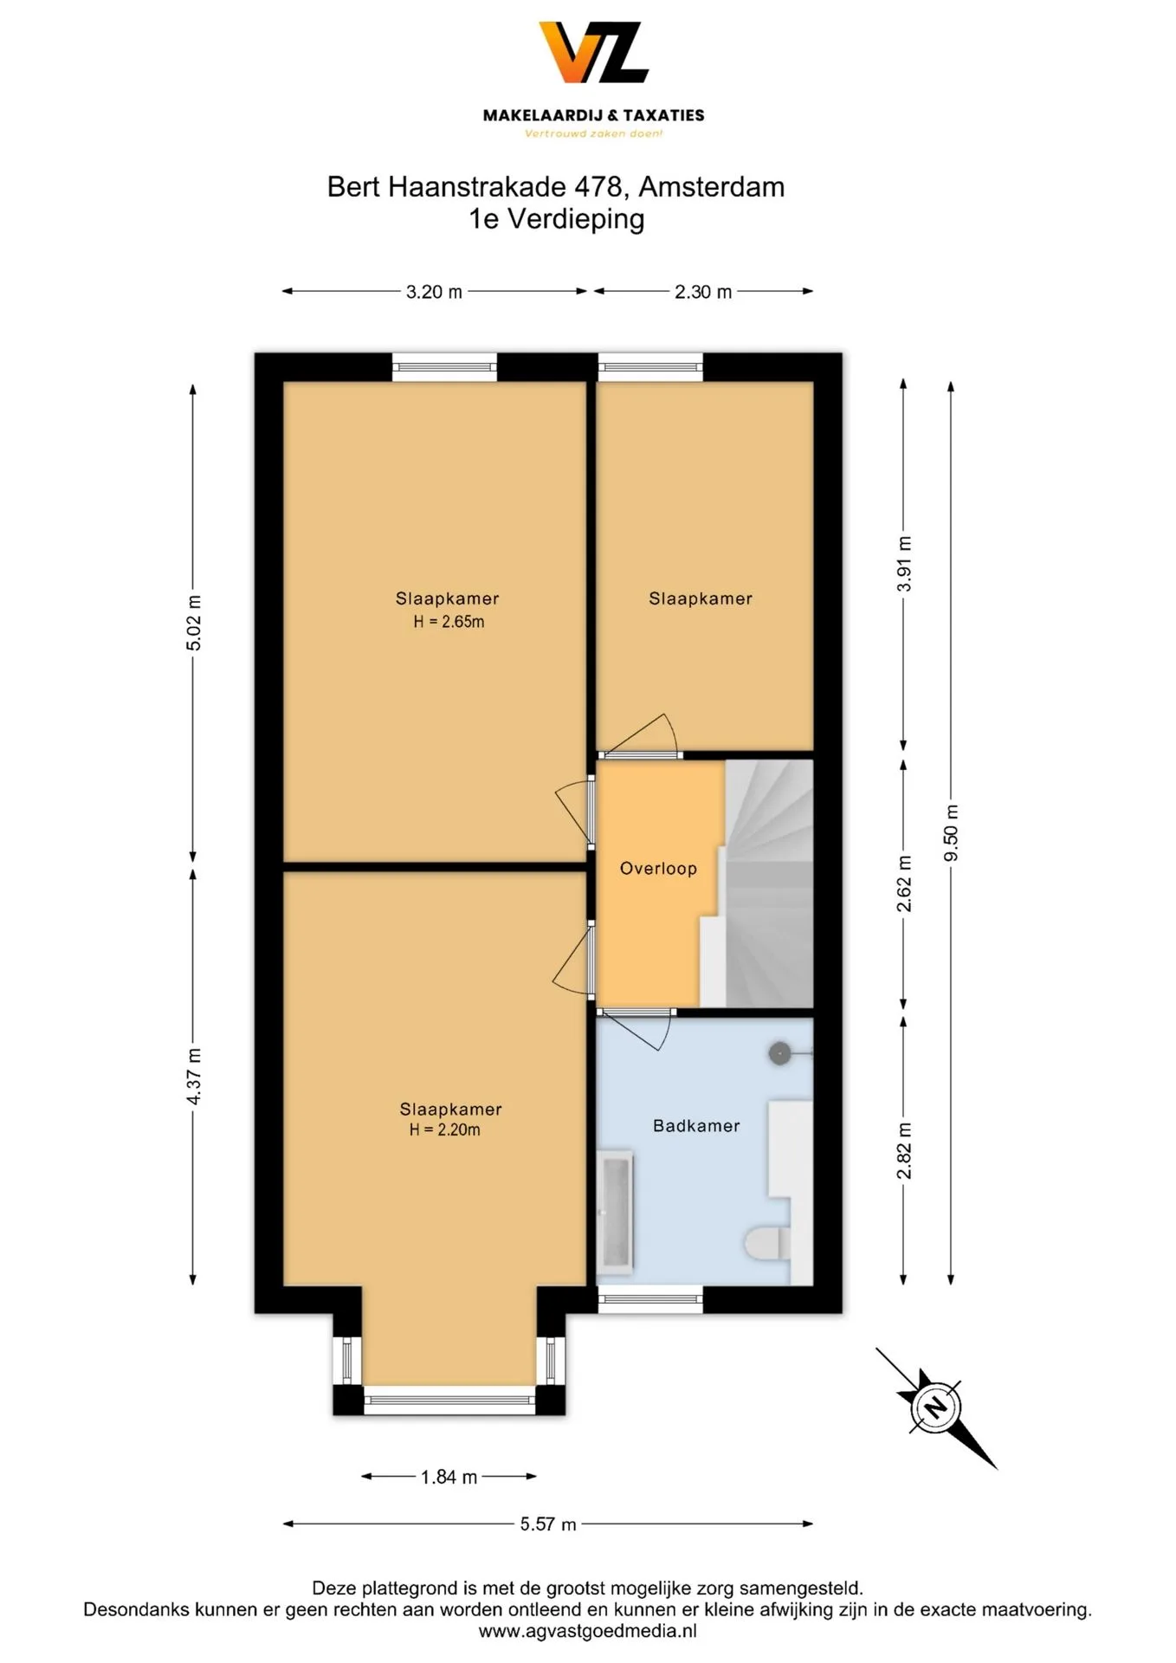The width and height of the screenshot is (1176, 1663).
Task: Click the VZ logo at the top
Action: [x=593, y=53]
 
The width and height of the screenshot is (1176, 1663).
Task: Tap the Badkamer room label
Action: [x=696, y=1126]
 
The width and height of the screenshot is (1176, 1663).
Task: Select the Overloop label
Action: [x=658, y=869]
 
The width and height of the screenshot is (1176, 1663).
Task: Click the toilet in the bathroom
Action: [x=767, y=1244]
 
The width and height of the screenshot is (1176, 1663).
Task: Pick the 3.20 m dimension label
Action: [x=434, y=292]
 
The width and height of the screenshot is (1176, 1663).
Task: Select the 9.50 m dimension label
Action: [x=951, y=833]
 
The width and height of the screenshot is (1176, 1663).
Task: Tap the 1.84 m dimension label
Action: [x=449, y=1477]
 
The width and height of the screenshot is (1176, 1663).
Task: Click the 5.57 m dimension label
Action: [x=548, y=1524]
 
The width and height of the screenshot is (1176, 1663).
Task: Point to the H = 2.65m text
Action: [x=449, y=622]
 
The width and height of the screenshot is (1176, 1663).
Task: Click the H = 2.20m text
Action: [x=445, y=1129]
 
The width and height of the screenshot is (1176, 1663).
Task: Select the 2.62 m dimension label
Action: [x=904, y=883]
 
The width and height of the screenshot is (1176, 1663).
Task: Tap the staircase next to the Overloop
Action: [x=758, y=883]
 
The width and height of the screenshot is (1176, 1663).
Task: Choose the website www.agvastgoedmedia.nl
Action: [x=588, y=1631]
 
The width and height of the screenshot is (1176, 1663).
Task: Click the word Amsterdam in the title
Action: [x=712, y=187]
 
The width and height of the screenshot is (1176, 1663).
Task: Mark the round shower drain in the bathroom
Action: [x=779, y=1053]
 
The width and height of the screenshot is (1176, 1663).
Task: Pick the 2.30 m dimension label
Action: [x=703, y=292]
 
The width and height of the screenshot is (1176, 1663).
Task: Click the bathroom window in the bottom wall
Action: [x=650, y=1298]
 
